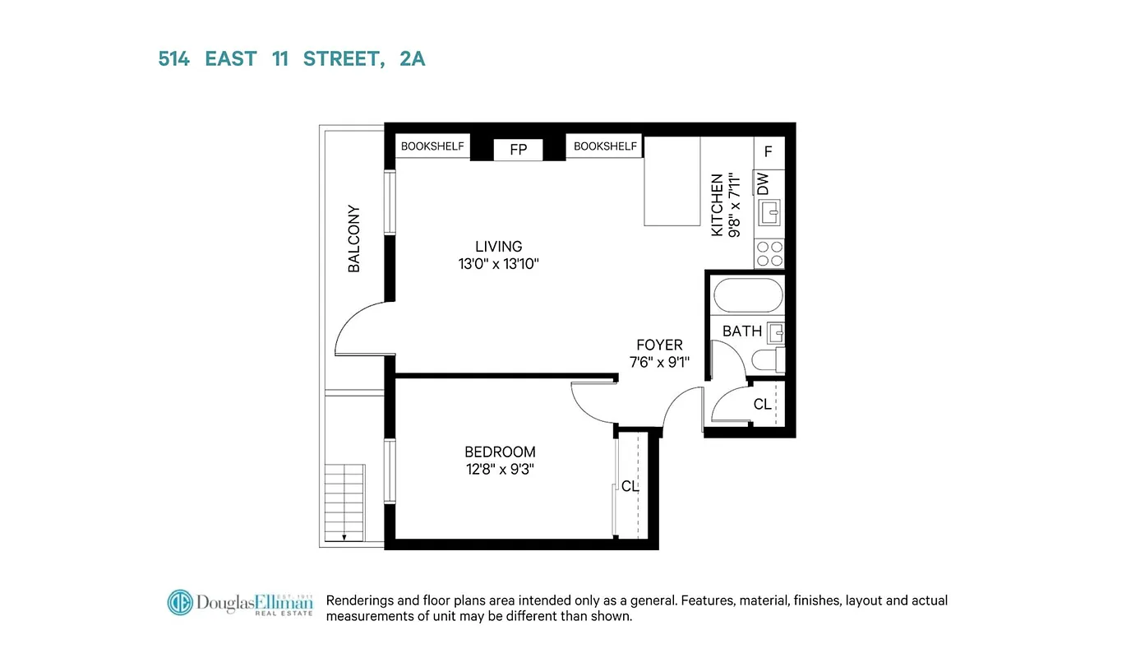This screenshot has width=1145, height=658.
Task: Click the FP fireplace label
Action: point(518,150)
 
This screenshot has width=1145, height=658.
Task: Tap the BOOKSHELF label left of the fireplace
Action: point(432,146)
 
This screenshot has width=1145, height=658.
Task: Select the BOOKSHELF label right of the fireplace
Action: point(605,146)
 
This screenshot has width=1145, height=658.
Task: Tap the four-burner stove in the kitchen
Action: point(769,253)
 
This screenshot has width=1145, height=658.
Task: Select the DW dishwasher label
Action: point(763,183)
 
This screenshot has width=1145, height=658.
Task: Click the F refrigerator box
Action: point(769,152)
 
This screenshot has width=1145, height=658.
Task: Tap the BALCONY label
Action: point(354,239)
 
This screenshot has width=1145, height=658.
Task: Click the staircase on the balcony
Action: point(344,503)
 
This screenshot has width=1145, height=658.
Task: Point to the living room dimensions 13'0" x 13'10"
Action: point(499,264)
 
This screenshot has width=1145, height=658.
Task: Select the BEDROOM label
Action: point(500,452)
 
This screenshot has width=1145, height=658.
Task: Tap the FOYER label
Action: point(659,345)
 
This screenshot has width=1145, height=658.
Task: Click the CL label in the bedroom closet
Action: point(630,486)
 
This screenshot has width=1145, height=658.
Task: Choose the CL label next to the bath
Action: point(763,404)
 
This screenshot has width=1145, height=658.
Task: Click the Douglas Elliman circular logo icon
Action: point(180,603)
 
